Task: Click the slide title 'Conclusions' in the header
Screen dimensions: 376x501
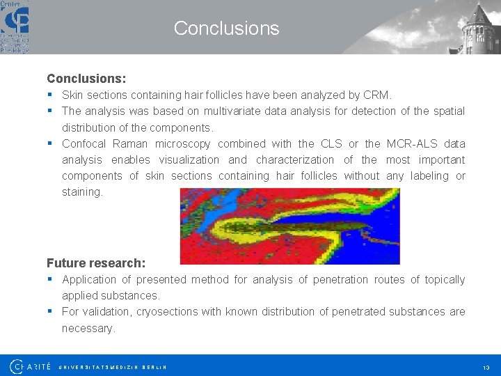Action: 226,29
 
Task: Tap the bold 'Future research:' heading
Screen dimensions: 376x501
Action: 96,263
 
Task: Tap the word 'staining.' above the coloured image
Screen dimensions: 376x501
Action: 82,192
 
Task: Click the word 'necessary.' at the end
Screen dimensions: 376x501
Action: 88,328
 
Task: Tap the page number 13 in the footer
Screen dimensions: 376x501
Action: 485,367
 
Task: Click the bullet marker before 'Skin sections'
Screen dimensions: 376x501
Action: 51,95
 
